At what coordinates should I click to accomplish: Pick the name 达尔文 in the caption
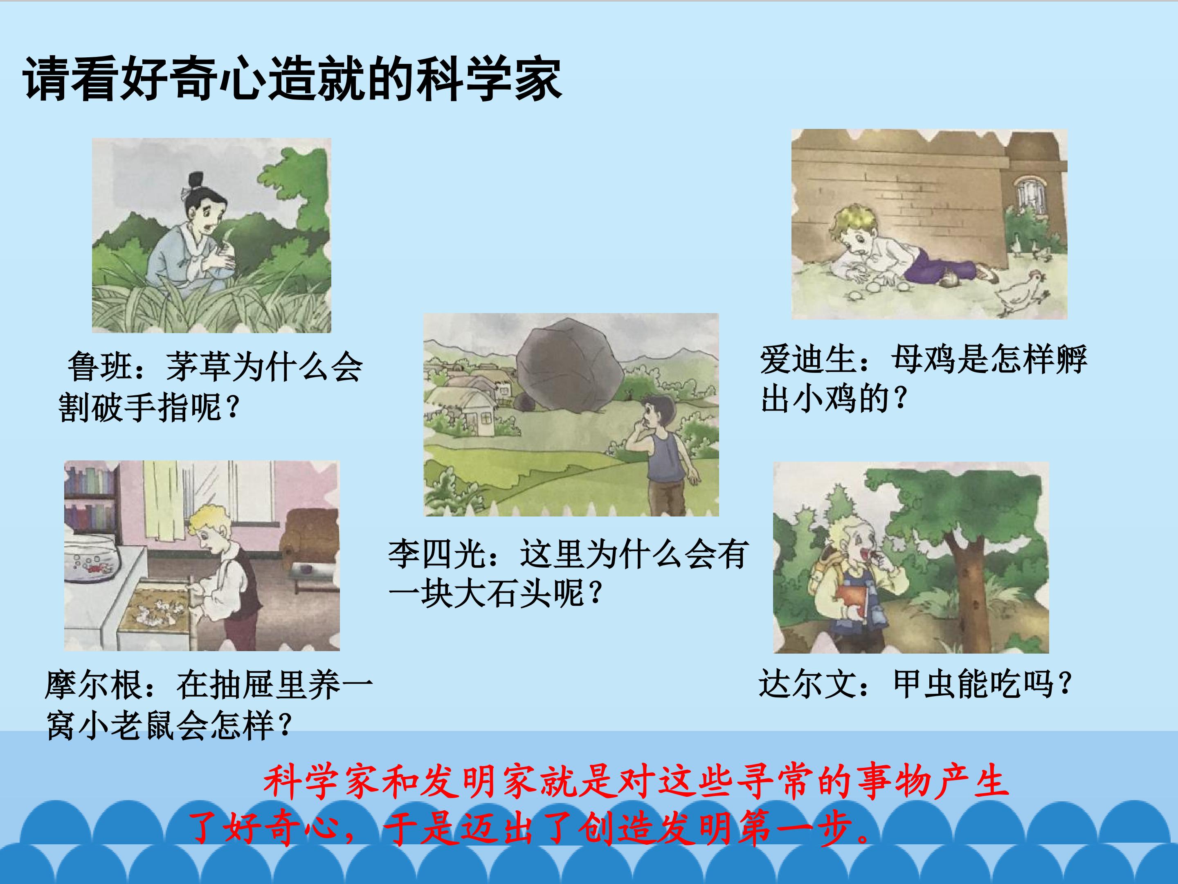[807, 683]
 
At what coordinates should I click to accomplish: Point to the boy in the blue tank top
[663, 453]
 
